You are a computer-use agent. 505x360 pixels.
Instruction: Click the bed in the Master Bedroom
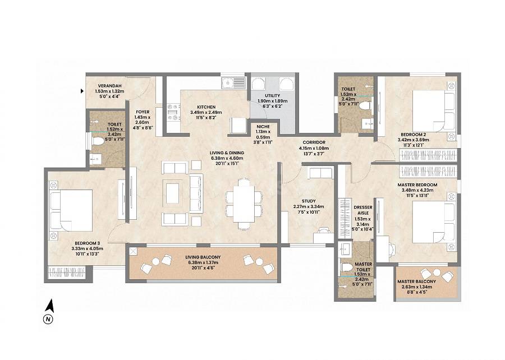pos(433,220)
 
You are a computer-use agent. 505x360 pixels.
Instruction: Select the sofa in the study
pos(319,173)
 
